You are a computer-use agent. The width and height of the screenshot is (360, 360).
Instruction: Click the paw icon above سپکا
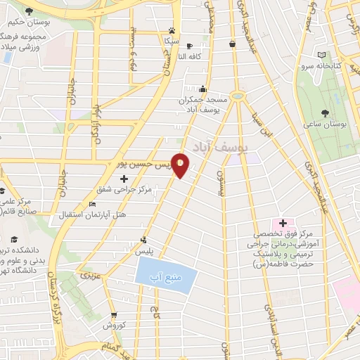[172, 31]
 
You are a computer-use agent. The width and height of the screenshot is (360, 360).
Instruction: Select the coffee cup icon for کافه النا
[188, 46]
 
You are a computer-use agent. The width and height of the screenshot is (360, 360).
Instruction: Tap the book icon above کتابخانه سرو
[321, 55]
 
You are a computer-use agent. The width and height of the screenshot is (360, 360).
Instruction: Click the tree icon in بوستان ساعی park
[324, 112]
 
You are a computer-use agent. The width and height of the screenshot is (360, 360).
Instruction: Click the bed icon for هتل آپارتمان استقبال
[93, 205]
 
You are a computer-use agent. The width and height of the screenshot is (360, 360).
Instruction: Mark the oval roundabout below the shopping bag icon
[238, 96]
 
